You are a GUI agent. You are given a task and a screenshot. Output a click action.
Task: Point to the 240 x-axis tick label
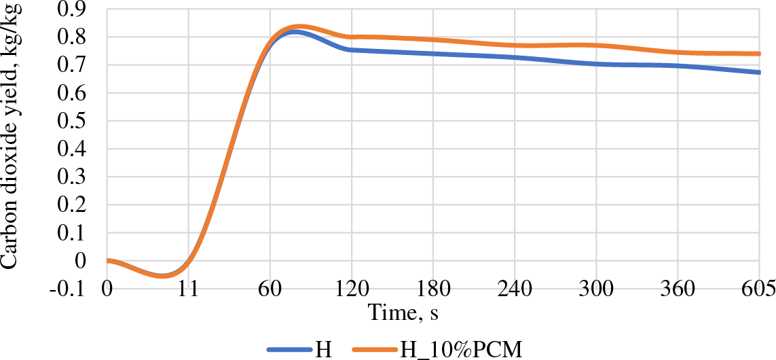pyautogui.click(x=515, y=289)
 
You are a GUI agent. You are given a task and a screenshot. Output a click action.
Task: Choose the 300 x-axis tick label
pyautogui.click(x=596, y=289)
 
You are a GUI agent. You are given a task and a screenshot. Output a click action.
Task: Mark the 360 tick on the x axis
pyautogui.click(x=678, y=289)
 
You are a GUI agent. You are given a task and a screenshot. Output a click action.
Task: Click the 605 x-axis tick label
pyautogui.click(x=759, y=289)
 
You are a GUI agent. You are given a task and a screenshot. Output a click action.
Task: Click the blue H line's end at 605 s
pyautogui.click(x=759, y=72)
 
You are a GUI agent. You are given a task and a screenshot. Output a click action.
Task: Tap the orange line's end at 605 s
pyautogui.click(x=759, y=54)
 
